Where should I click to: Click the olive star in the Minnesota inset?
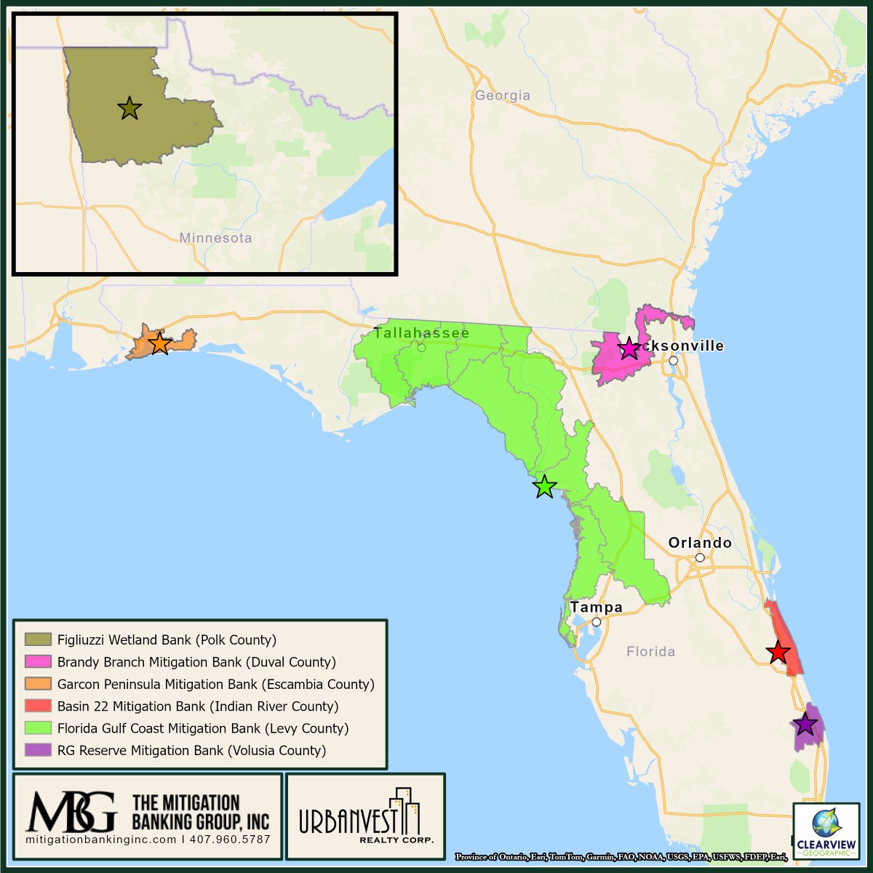coord(129,108)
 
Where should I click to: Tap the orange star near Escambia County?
coord(159,343)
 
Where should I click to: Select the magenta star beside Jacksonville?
coord(629,348)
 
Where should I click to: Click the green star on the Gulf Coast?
coord(544,486)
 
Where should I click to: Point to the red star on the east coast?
coord(778,652)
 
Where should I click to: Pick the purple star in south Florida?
coord(805,724)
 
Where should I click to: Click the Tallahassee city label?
coord(421,333)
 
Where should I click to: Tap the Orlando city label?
coord(700,543)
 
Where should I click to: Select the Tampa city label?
coord(596,607)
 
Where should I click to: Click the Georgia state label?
coord(502,95)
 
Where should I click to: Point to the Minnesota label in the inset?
coord(215,238)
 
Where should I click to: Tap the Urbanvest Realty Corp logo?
coord(365,818)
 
